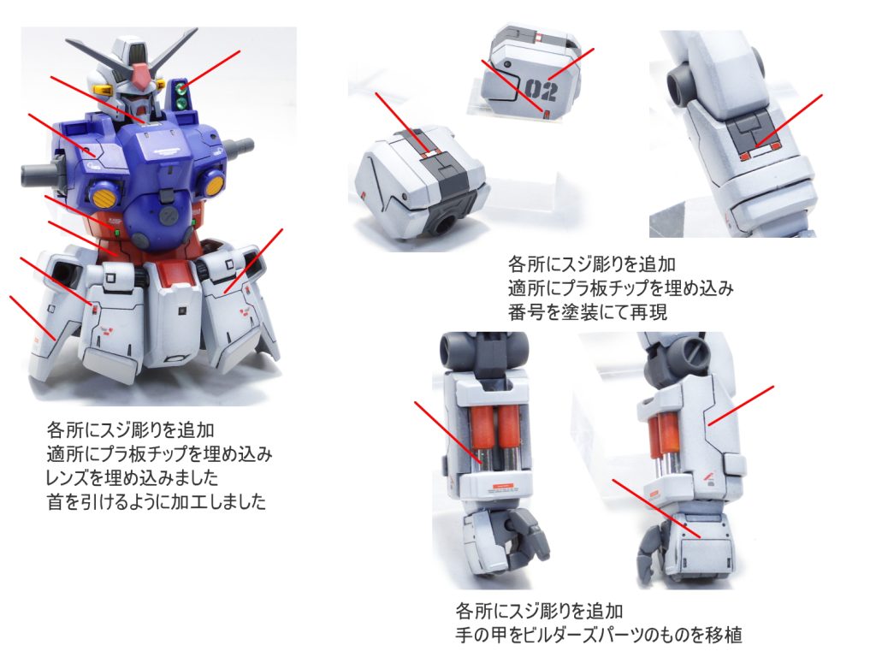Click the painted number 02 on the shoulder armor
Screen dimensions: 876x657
point(541,89)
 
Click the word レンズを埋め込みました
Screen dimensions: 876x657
point(132,477)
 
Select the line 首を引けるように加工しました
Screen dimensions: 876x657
point(157,501)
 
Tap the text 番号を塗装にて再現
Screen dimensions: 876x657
point(587,311)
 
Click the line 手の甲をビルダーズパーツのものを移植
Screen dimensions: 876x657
point(598,635)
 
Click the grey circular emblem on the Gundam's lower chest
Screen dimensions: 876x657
point(168,216)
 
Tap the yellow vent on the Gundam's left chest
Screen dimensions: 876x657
point(213,182)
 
